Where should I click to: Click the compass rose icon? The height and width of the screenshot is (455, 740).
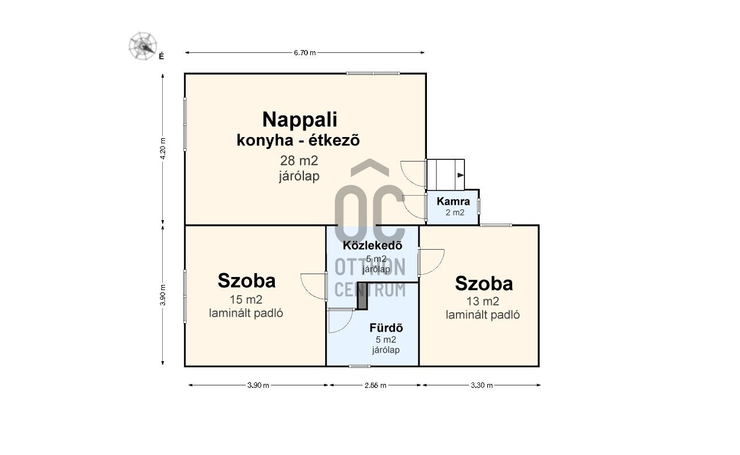(x=143, y=46)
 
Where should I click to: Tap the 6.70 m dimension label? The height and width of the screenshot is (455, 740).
(x=305, y=52)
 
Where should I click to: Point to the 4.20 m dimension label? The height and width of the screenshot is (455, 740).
(x=163, y=148)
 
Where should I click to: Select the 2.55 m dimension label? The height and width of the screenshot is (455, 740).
(x=375, y=385)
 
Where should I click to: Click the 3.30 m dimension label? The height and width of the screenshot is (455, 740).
(x=482, y=385)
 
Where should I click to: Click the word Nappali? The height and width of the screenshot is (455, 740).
(x=299, y=119)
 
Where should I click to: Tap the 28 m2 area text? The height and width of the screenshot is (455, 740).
(x=299, y=160)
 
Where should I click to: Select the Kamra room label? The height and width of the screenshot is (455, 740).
(x=453, y=201)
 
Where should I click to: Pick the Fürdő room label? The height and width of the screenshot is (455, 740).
(x=386, y=328)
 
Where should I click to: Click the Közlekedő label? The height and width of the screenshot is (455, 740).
(x=373, y=245)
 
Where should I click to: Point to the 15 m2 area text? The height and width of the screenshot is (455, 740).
(x=246, y=300)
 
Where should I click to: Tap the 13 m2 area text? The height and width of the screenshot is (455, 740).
(x=483, y=301)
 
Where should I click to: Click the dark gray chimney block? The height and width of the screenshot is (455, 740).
(x=363, y=296)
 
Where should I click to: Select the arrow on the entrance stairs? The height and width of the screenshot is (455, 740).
(x=461, y=175)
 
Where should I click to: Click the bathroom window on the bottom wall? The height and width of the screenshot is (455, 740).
(x=359, y=366)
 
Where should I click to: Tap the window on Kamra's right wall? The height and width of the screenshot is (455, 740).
(x=479, y=206)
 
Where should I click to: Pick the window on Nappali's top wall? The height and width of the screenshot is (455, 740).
(x=373, y=73)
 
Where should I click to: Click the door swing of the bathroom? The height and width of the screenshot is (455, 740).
(x=341, y=320)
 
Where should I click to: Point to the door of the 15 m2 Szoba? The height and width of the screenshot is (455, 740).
(x=314, y=287)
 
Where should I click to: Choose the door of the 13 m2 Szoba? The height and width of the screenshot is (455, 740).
(x=431, y=262)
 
